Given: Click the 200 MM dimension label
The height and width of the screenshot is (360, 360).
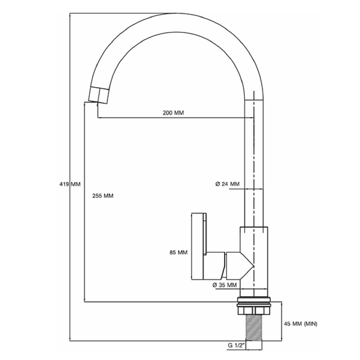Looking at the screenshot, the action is tap(174, 113).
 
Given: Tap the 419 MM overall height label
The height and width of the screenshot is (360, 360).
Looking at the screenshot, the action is tap(70, 184).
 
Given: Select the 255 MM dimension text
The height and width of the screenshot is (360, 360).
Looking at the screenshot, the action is tap(103, 196).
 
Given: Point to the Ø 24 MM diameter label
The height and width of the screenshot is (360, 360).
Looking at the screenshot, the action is tap(228, 184).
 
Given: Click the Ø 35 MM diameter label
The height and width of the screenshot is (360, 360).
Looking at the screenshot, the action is tap(225, 285).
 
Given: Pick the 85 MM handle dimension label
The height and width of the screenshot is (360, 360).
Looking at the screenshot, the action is tap(179, 253).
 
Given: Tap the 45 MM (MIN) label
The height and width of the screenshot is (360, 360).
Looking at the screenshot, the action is tap(301, 324).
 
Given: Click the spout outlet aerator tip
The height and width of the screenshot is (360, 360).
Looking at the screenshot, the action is tap(98, 95).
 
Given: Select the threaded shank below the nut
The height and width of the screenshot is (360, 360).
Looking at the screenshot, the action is tap(254, 327).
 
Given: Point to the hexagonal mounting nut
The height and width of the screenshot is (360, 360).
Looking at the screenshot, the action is tap(254, 311).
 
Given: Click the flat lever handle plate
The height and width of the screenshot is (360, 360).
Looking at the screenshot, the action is tap(199, 247).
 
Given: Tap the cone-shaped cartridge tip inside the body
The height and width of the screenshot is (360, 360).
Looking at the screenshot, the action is tap(247, 266).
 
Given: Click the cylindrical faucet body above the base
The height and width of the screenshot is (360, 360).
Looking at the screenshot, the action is tap(254, 262).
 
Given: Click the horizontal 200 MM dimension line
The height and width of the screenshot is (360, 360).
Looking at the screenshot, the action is tap(176, 118).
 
